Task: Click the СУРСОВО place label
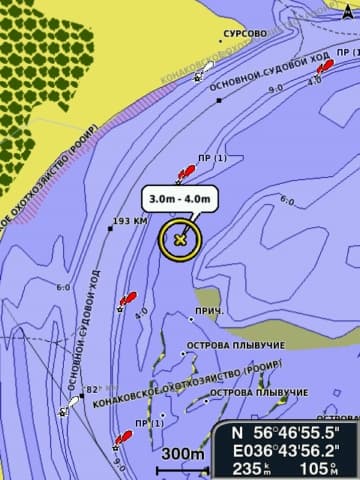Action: tap(246, 33)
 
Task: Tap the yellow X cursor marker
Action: tap(180, 239)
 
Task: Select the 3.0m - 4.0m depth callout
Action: tap(179, 198)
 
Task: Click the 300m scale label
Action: tap(183, 454)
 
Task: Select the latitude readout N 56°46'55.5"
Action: tap(285, 433)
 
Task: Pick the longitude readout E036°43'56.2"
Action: tap(285, 451)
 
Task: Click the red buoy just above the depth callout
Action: tap(184, 173)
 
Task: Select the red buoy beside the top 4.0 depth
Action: tap(325, 68)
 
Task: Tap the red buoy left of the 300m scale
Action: tap(123, 438)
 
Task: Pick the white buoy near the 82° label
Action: tap(72, 402)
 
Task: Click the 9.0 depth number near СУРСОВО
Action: tap(275, 88)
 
